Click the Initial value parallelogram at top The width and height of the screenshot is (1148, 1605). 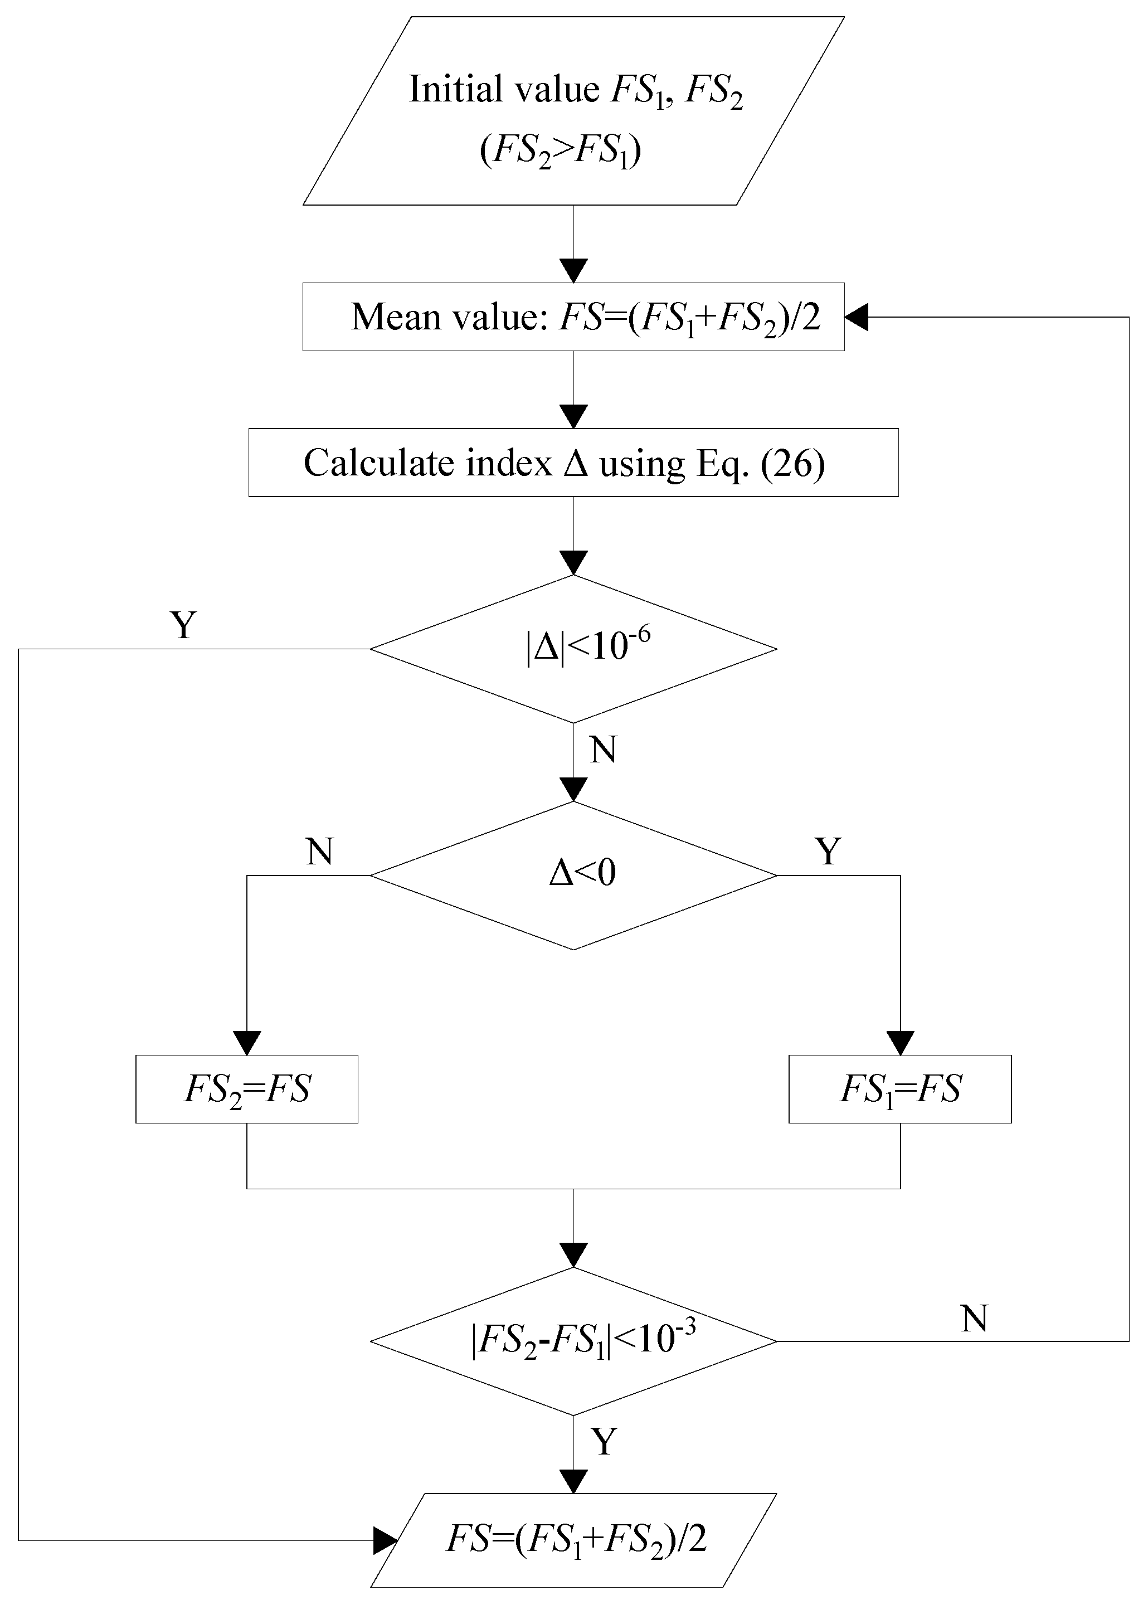573,111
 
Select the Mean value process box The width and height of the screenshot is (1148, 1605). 573,317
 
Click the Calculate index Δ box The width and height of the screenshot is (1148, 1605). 573,463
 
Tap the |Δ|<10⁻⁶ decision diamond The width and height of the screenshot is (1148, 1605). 573,649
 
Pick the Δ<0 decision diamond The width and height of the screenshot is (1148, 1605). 573,875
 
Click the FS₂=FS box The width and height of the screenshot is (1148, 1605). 247,1089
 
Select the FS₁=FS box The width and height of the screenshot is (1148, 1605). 900,1089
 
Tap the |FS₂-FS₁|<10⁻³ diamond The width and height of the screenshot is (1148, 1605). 573,1341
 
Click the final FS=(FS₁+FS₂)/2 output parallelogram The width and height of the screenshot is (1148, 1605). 573,1539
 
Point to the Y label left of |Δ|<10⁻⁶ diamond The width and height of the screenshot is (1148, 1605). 184,625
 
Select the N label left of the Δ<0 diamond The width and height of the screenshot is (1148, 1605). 319,852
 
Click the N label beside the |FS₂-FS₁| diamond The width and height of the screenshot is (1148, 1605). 974,1319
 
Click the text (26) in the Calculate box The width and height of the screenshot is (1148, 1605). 793,464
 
